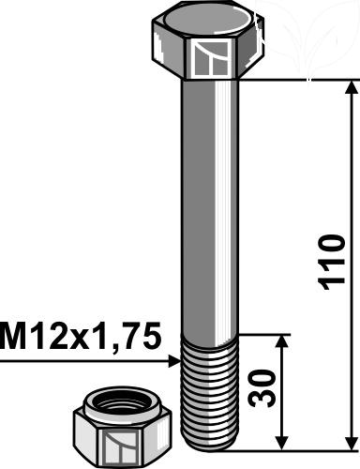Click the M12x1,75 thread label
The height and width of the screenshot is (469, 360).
[x=81, y=337]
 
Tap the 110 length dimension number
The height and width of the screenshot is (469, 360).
[x=332, y=263]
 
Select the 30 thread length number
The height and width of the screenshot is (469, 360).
[x=262, y=388]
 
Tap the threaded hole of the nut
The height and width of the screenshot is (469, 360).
[x=123, y=406]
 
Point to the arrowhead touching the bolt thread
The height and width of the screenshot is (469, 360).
[x=174, y=362]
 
